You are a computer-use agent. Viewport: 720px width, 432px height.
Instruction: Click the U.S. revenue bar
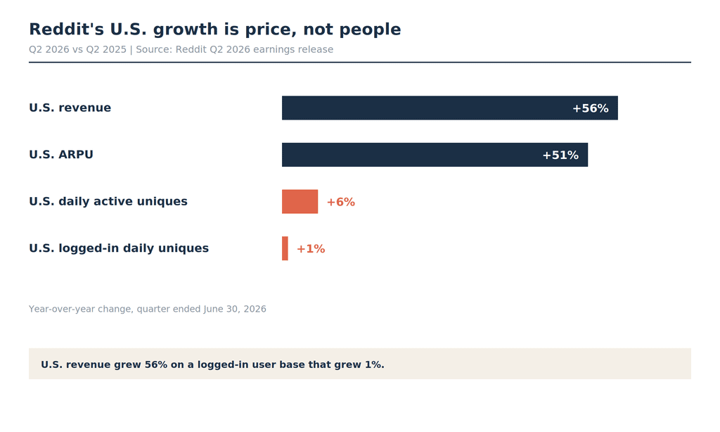point(449,108)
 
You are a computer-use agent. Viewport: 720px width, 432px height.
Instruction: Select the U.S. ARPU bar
point(435,155)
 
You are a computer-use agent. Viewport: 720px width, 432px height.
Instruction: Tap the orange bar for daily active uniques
point(300,202)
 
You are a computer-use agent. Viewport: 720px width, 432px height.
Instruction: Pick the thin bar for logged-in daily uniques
point(285,248)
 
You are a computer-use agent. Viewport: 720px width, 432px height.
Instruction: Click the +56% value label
point(591,108)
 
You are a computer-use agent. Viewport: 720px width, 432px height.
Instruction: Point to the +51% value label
point(560,155)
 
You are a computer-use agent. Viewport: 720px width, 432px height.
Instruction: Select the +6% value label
point(341,202)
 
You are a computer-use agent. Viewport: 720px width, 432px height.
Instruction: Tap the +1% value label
point(311,249)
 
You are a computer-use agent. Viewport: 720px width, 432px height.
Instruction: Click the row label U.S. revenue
point(70,108)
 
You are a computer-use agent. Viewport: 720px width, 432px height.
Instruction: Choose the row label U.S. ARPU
point(61,154)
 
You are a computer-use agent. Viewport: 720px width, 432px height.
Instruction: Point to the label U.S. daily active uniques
point(108,201)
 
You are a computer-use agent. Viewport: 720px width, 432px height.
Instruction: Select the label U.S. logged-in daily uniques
point(119,248)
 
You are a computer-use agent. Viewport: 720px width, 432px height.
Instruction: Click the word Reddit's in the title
point(67,29)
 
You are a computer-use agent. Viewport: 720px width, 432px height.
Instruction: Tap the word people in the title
point(370,30)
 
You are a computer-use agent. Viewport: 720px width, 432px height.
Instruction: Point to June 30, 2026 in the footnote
point(235,309)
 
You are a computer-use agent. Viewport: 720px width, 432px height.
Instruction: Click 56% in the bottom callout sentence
point(156,364)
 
